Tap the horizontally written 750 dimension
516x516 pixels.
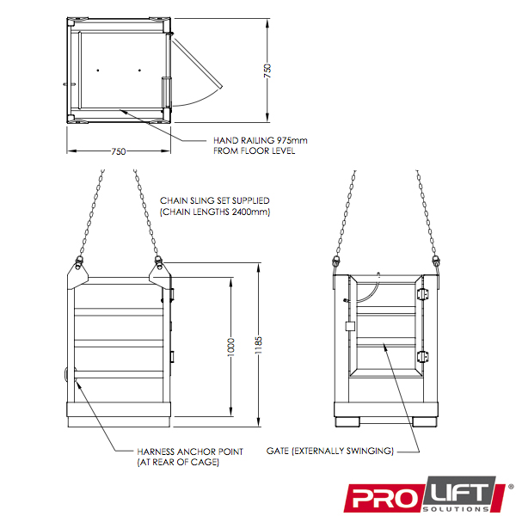click(x=119, y=151)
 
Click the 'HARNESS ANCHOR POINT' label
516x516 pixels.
click(x=190, y=451)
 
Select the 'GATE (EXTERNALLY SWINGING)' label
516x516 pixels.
click(x=330, y=451)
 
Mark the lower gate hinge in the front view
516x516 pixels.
click(x=421, y=357)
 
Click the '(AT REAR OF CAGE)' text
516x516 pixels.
click(x=178, y=463)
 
